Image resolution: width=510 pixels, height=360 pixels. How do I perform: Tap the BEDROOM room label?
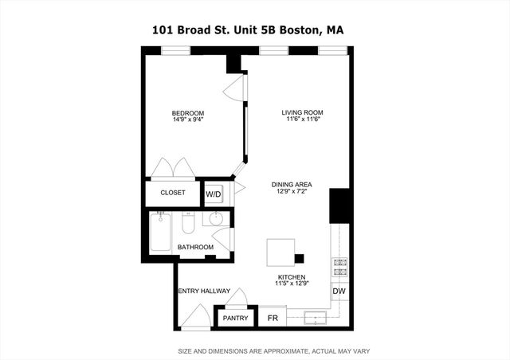[188, 113]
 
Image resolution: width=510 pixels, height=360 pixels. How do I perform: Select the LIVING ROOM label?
[301, 113]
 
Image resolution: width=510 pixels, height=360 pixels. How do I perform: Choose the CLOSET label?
[172, 193]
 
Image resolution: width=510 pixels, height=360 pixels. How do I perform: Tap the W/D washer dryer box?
[213, 194]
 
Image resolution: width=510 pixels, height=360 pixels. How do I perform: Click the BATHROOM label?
[195, 247]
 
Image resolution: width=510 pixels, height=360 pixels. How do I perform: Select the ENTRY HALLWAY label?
[204, 291]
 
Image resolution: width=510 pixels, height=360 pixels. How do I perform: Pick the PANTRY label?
[235, 319]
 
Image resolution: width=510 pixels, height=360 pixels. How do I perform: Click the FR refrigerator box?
[273, 319]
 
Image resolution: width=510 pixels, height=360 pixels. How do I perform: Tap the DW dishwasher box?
[339, 292]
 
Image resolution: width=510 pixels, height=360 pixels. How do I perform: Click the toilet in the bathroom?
[188, 224]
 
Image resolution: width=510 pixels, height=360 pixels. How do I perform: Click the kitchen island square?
[281, 253]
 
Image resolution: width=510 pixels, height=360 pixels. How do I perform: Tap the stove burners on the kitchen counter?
[339, 268]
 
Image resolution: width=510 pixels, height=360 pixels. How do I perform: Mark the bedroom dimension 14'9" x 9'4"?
[188, 121]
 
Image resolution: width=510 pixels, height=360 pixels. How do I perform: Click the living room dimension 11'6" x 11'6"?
[301, 121]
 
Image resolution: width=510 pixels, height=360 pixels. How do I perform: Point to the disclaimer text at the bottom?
[273, 351]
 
